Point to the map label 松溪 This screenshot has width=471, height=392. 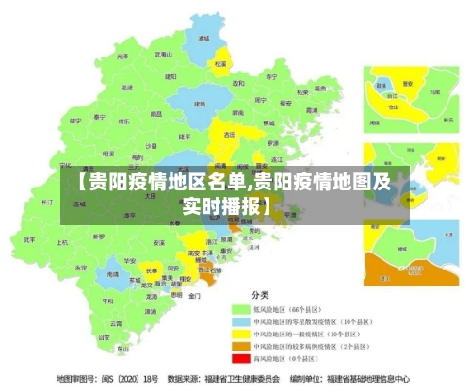pos(219,64)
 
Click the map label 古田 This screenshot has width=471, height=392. pos(229,135)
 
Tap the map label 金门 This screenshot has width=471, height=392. pos(194,296)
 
